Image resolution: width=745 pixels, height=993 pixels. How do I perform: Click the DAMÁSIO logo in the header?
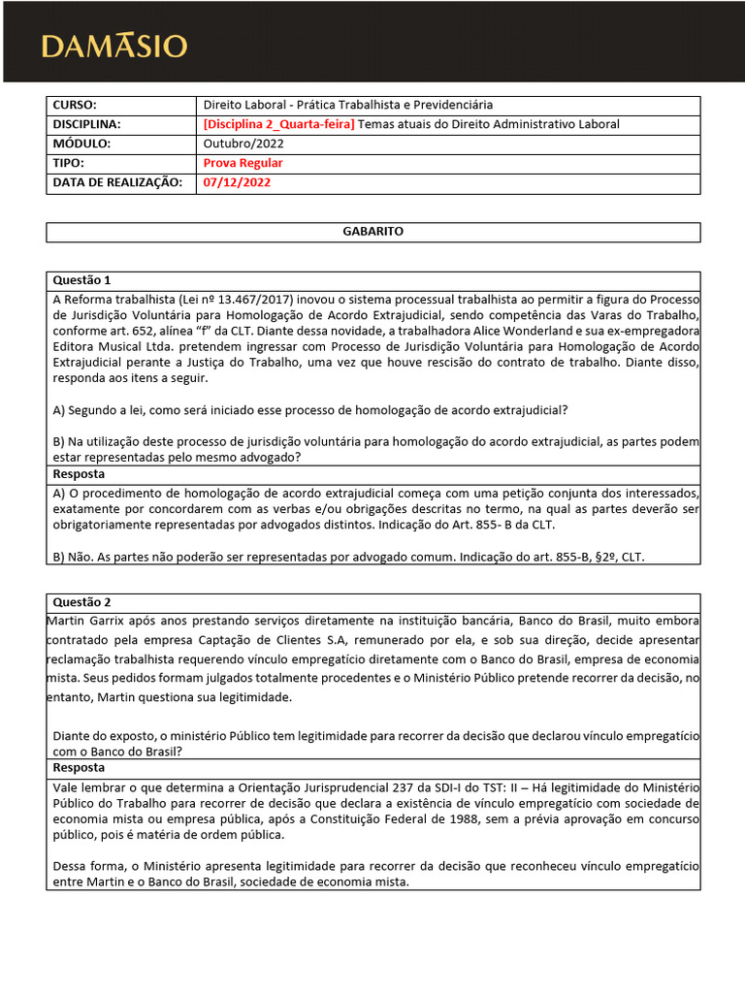point(114,47)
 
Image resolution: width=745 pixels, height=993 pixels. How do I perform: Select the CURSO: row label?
point(77,105)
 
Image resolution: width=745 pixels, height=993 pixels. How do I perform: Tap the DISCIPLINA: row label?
point(87,124)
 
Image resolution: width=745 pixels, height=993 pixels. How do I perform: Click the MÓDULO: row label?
point(82,144)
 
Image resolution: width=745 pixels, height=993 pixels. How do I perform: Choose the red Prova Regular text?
point(243,163)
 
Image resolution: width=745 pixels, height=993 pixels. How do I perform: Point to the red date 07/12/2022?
point(237,182)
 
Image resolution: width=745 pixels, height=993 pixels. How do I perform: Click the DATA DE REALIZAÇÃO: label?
point(116,182)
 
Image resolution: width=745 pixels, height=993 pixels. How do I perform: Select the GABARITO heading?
point(372,232)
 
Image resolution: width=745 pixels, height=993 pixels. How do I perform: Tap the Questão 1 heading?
point(82,280)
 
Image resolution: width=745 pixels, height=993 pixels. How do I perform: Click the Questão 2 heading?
point(82,602)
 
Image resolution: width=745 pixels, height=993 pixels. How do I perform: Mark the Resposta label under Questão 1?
point(80,475)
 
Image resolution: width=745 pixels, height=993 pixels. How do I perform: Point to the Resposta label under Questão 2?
point(80,767)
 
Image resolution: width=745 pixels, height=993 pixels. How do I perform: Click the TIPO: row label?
point(69,163)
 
